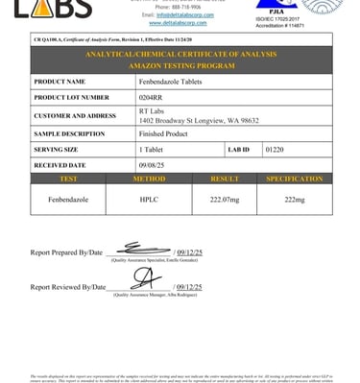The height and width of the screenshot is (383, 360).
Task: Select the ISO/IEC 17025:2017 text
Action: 297,16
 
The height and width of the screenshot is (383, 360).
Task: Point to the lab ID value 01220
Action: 275,151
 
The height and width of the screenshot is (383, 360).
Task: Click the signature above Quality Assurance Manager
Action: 143,279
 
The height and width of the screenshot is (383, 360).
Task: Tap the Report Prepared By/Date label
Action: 66,252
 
